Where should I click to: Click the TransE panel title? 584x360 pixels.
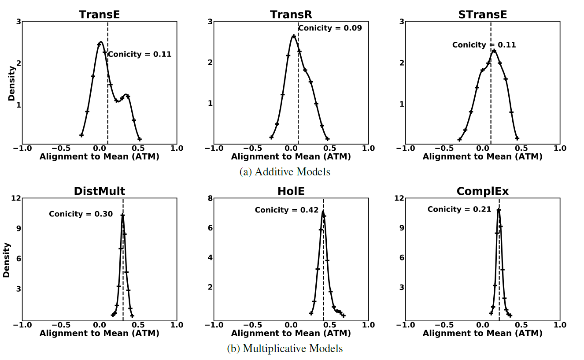pyautogui.click(x=99, y=14)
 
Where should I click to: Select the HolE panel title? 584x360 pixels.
pyautogui.click(x=291, y=191)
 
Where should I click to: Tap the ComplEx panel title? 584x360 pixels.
pyautogui.click(x=482, y=191)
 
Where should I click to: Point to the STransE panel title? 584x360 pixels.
pyautogui.click(x=482, y=14)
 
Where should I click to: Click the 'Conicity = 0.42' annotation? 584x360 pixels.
pyautogui.click(x=286, y=210)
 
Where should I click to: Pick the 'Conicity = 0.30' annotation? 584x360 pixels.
pyautogui.click(x=81, y=214)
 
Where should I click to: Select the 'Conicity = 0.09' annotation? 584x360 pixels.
pyautogui.click(x=330, y=28)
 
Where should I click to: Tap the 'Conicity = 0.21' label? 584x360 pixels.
pyautogui.click(x=459, y=209)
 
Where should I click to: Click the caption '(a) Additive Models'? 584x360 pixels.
pyautogui.click(x=285, y=172)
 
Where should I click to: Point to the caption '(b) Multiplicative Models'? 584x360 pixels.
pyautogui.click(x=285, y=349)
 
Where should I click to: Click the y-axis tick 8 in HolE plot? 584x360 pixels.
pyautogui.click(x=211, y=198)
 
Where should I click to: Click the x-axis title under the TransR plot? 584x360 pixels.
pyautogui.click(x=291, y=156)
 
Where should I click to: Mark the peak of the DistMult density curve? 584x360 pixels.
pyautogui.click(x=122, y=215)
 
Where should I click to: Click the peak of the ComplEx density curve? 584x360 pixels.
pyautogui.click(x=498, y=209)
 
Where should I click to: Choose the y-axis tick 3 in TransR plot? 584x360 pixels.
pyautogui.click(x=211, y=21)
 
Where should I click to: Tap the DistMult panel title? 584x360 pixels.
pyautogui.click(x=99, y=191)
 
